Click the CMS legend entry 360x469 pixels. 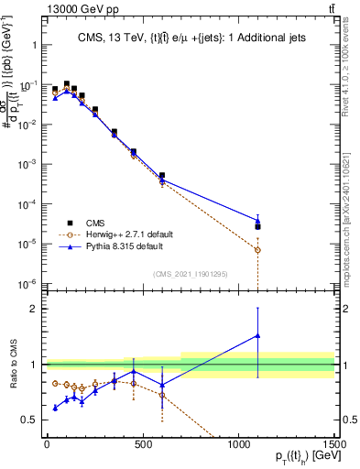(95, 222)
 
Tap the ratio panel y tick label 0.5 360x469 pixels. (27, 420)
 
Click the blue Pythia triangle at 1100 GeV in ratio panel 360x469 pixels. (258, 335)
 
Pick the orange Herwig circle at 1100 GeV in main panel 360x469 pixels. (258, 249)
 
